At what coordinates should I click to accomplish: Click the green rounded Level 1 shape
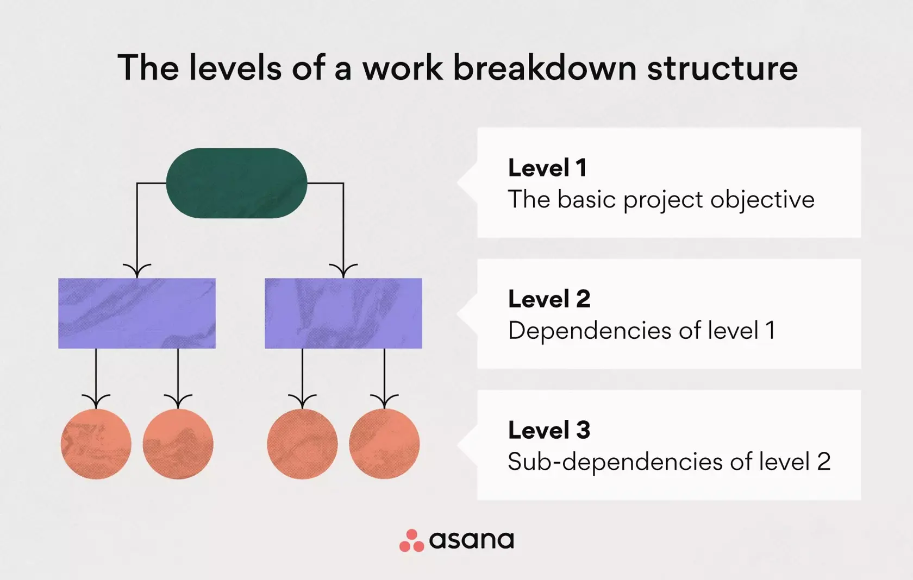(x=236, y=183)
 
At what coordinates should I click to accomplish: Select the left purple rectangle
(x=137, y=313)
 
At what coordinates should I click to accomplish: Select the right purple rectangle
(x=343, y=313)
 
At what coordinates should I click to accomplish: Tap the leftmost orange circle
(x=96, y=444)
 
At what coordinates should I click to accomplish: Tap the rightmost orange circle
(x=384, y=444)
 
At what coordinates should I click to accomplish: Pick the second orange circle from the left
(x=178, y=444)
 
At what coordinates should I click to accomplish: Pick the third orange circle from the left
(x=302, y=444)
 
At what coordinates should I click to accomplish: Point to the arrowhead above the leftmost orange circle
(x=96, y=401)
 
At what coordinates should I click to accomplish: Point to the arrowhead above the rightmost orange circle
(x=384, y=401)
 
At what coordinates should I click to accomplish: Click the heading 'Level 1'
(x=547, y=168)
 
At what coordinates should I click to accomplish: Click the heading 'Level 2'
(x=549, y=299)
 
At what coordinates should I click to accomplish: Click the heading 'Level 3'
(x=549, y=430)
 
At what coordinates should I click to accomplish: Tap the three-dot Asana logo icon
(x=411, y=541)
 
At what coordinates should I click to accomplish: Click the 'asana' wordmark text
(x=471, y=540)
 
